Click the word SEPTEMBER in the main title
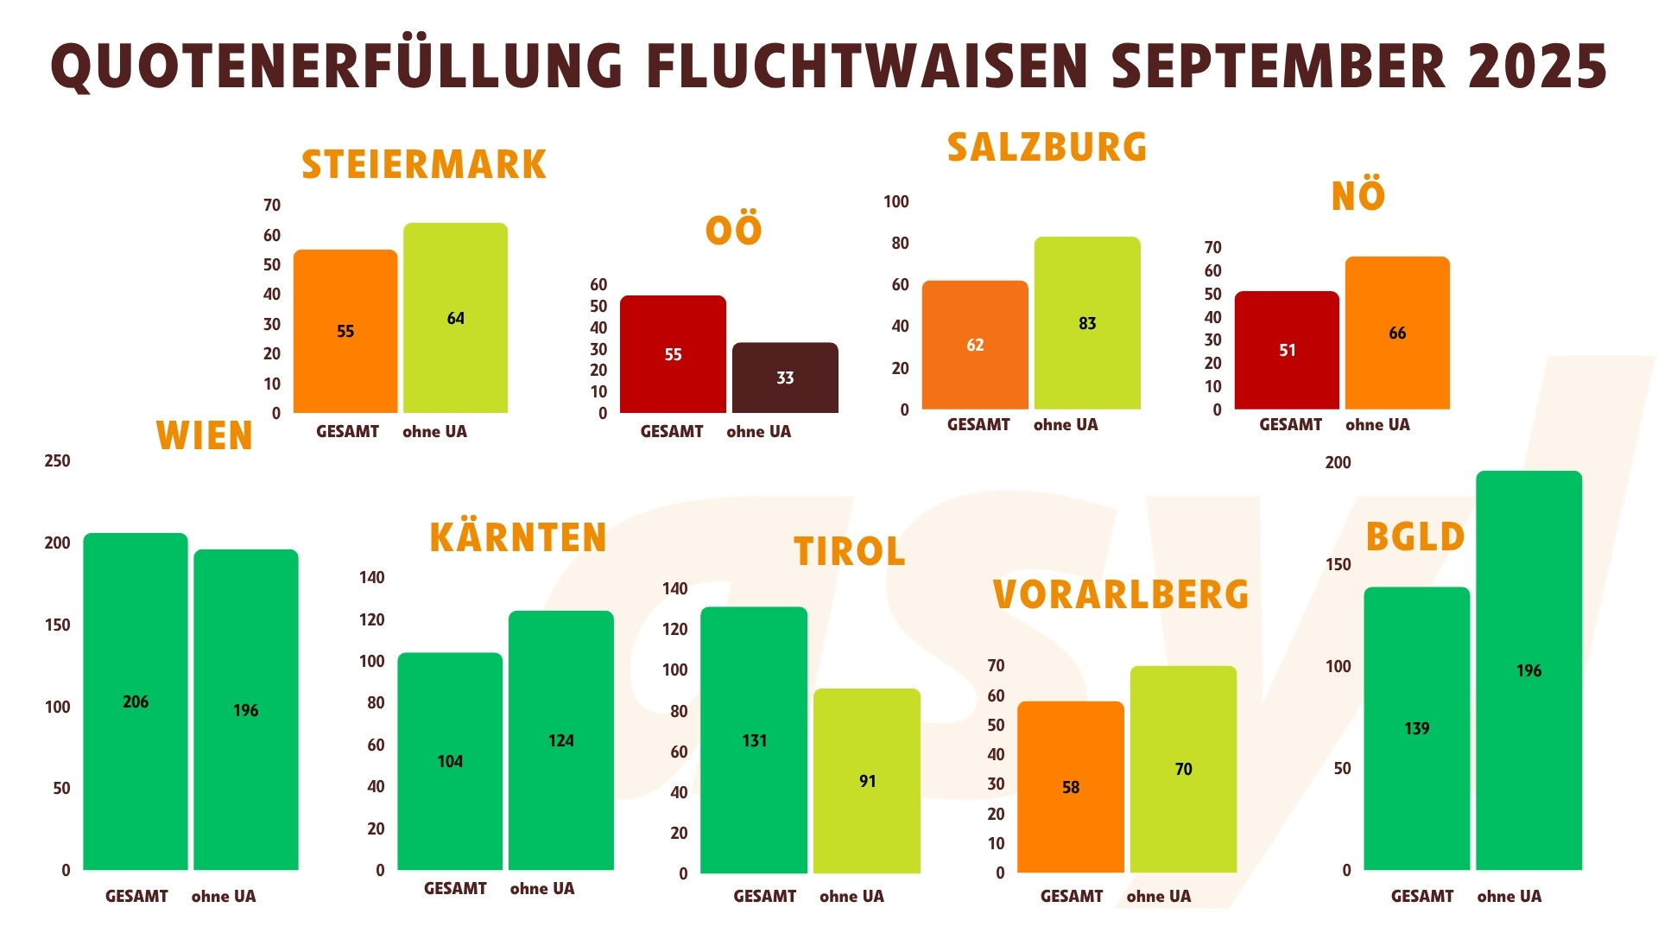pyautogui.click(x=1278, y=67)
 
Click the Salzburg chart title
pyautogui.click(x=1047, y=148)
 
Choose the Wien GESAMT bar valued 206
pyautogui.click(x=136, y=701)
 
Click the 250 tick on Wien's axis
pyautogui.click(x=57, y=461)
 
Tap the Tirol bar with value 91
pyautogui.click(x=867, y=781)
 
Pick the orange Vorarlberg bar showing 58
pyautogui.click(x=1070, y=787)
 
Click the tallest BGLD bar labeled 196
pyautogui.click(x=1528, y=670)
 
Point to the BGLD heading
pyautogui.click(x=1414, y=537)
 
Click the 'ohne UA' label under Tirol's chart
pyautogui.click(x=851, y=897)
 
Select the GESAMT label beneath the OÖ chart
pyautogui.click(x=671, y=432)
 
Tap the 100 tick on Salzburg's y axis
pyautogui.click(x=895, y=202)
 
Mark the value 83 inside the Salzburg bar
pyautogui.click(x=1086, y=323)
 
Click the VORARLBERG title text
pyautogui.click(x=1120, y=595)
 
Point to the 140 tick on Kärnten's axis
pyautogui.click(x=371, y=578)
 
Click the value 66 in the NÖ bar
pyautogui.click(x=1396, y=333)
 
